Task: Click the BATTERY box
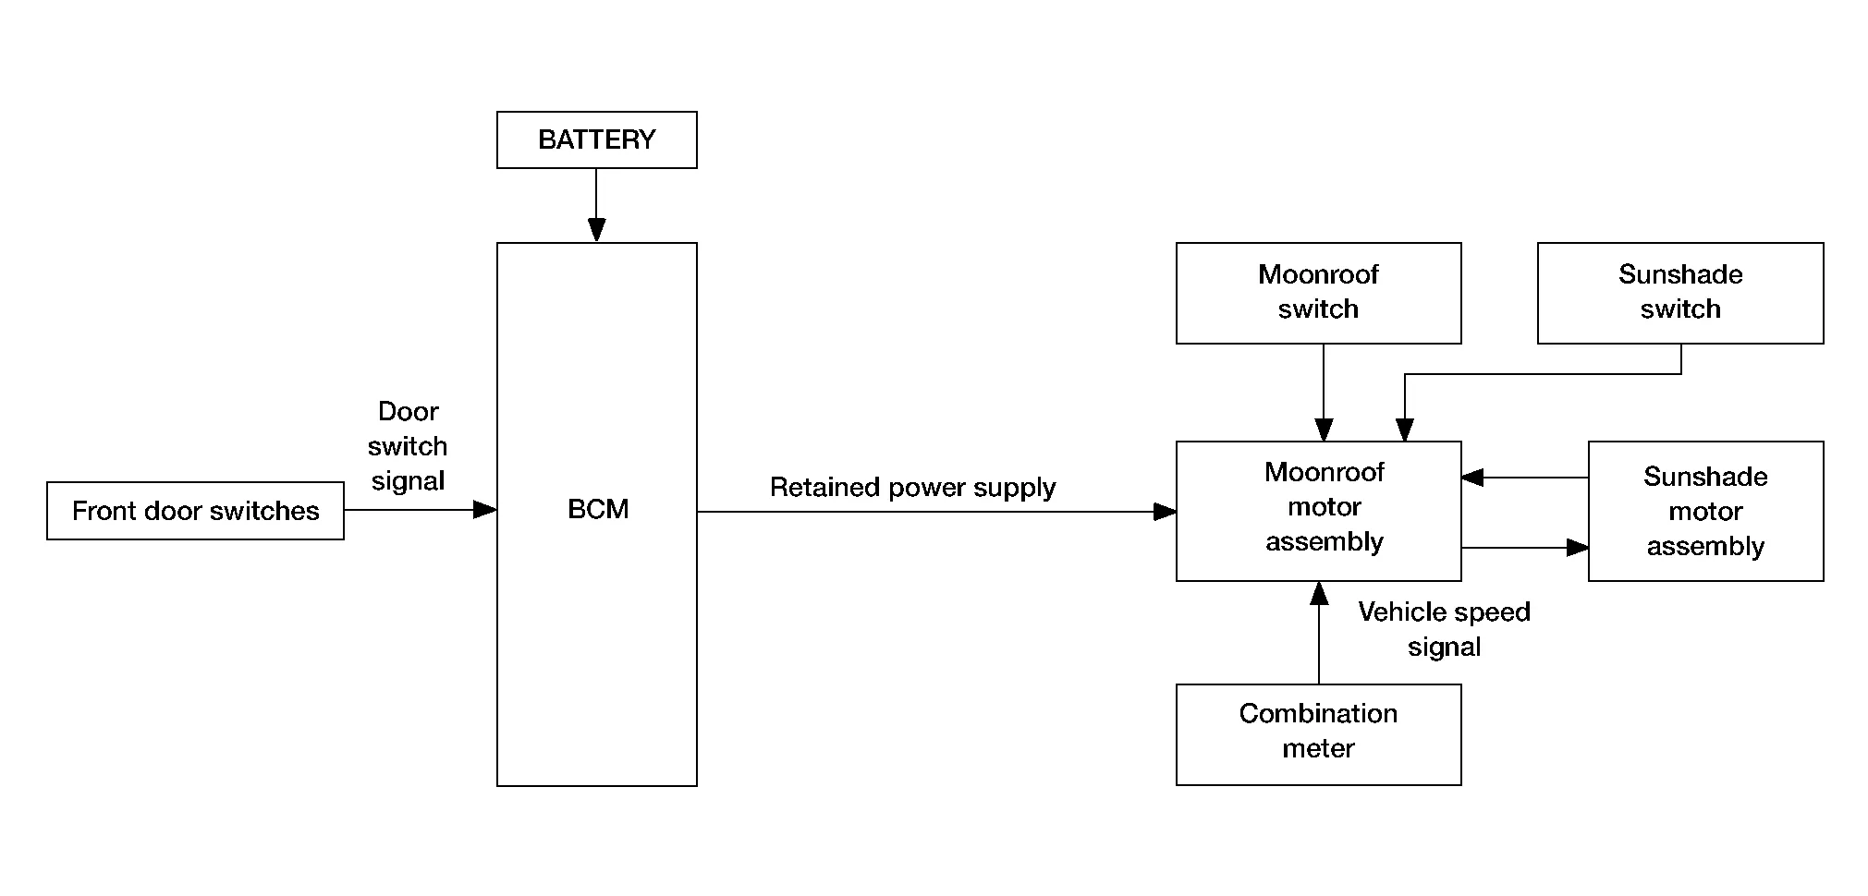[596, 140]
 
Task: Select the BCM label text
[598, 509]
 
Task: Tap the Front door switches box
[195, 511]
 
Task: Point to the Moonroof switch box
[1318, 293]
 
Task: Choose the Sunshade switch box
[1679, 293]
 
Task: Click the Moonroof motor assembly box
[1318, 511]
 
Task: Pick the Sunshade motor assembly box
[1705, 511]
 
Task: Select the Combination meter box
[1318, 734]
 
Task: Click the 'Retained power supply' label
[912, 488]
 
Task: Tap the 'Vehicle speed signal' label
[1444, 629]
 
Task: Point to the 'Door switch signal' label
[408, 446]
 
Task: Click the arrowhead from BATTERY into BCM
[596, 230]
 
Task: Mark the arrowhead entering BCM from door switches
[485, 510]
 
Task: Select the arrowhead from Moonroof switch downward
[1324, 430]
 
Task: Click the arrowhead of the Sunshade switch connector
[1405, 430]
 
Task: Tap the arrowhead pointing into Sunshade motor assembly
[1577, 548]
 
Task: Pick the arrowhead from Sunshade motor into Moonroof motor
[1473, 478]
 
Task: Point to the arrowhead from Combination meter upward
[1319, 593]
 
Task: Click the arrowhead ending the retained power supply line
[1165, 512]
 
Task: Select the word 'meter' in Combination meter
[1318, 748]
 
